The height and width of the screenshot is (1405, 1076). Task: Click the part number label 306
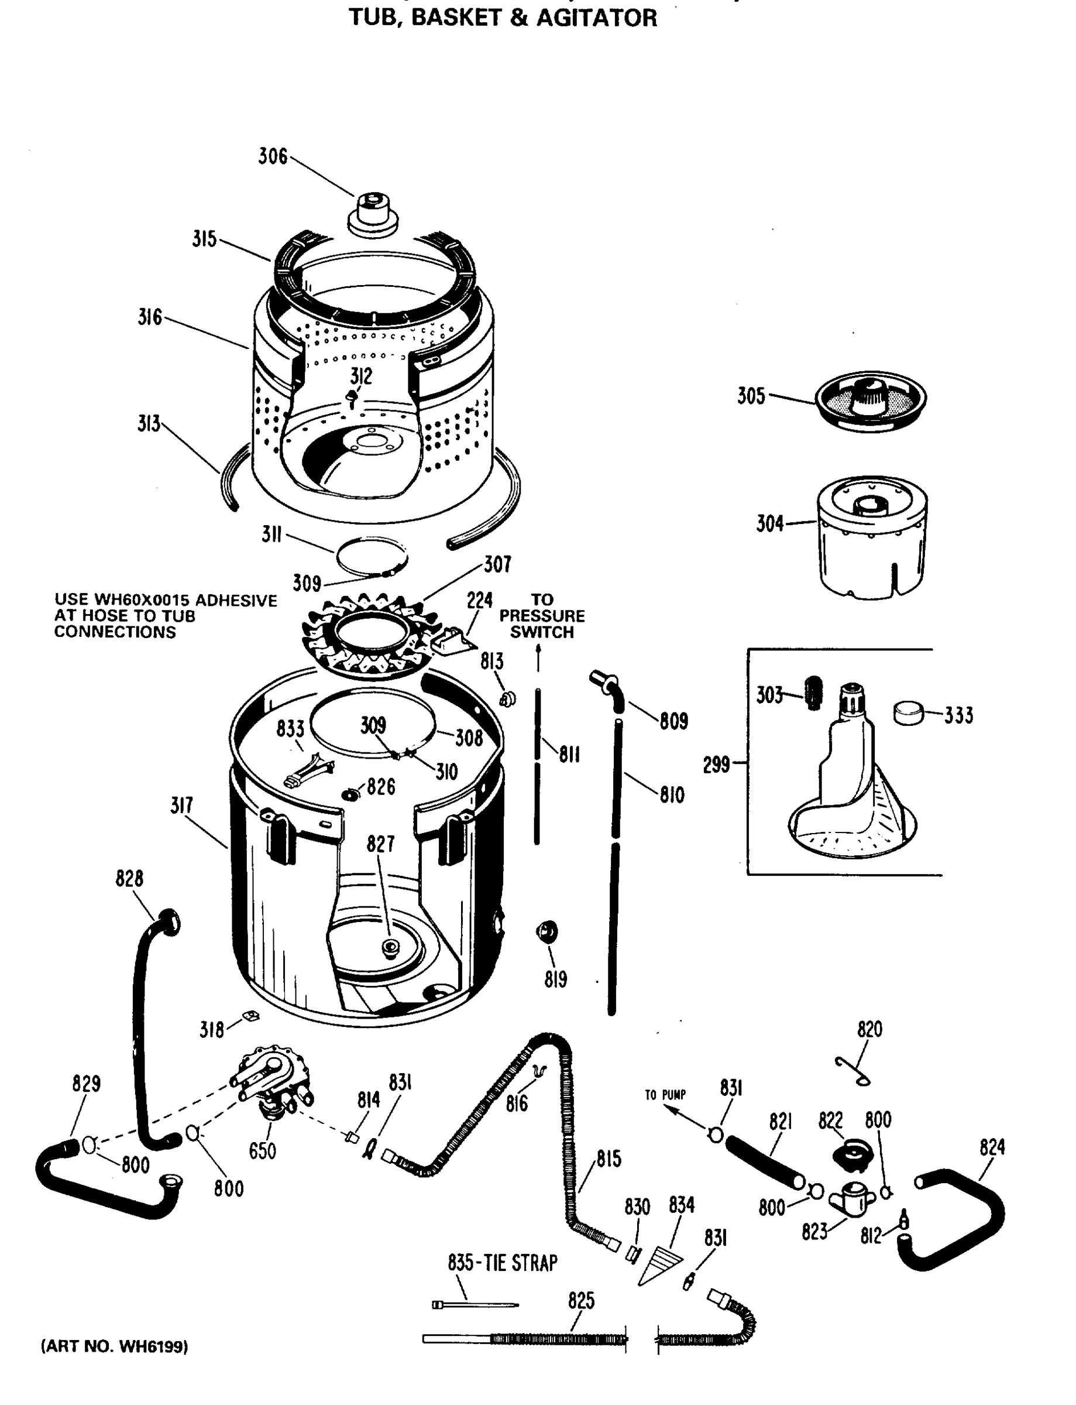[272, 156]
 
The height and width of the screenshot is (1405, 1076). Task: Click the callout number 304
[770, 524]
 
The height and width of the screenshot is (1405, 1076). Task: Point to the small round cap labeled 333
[908, 712]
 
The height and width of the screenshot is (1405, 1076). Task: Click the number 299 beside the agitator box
[716, 765]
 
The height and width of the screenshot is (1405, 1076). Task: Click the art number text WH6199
[152, 1346]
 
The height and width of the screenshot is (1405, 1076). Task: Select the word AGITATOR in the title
[596, 18]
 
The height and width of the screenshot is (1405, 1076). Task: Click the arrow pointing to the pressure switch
[538, 657]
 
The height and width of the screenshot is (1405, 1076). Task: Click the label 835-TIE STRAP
[502, 1262]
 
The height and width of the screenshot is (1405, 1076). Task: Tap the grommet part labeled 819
[547, 931]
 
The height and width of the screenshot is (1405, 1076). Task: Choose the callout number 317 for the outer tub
[182, 806]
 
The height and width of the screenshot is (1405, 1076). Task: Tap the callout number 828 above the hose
[129, 878]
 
